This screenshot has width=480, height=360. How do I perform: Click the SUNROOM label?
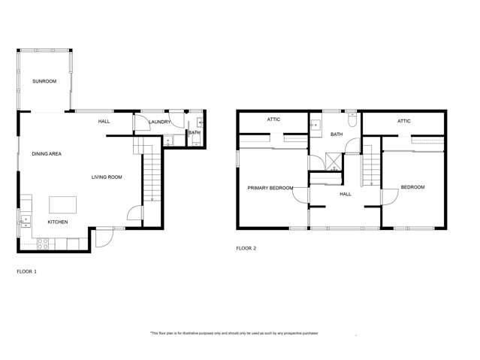(44, 81)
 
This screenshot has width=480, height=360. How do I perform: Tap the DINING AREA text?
(46, 154)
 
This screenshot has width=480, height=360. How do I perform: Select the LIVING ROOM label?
(107, 177)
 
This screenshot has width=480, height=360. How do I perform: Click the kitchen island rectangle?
(63, 204)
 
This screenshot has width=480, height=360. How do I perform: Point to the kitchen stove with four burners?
(44, 244)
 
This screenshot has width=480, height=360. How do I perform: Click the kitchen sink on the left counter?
(25, 220)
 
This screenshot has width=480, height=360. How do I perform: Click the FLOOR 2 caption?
(246, 247)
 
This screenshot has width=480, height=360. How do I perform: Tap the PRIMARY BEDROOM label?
(270, 188)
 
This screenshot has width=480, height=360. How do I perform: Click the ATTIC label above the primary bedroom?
(273, 119)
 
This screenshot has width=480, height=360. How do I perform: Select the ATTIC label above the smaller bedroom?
(403, 120)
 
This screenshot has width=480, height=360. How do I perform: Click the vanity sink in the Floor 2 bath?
(316, 125)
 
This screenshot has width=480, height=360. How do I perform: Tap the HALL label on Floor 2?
(345, 194)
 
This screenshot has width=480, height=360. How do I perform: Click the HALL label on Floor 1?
(105, 121)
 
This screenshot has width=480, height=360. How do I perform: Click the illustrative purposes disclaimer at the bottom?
(234, 333)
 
